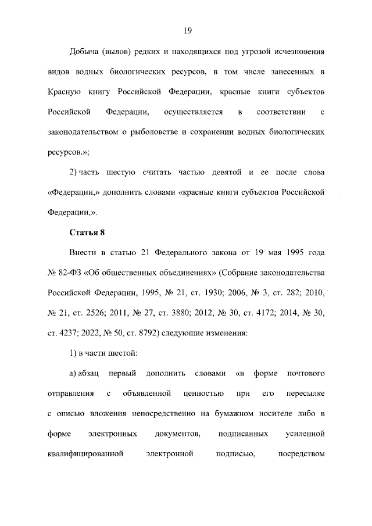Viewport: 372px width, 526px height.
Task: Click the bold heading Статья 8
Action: click(x=87, y=233)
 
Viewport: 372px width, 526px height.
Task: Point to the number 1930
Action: click(x=208, y=293)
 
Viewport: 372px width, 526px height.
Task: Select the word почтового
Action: click(x=305, y=373)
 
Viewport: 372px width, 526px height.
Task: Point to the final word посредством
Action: click(x=301, y=453)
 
